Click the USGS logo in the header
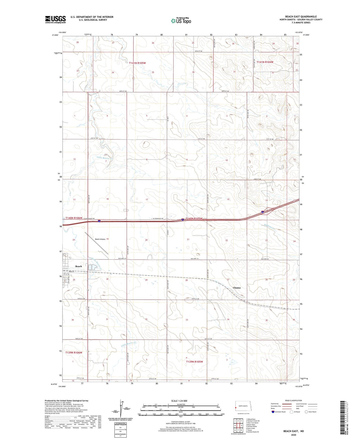(55, 19)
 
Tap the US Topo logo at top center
(181, 21)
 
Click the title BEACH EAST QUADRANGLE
(301, 16)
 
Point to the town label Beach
(79, 266)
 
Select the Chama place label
(237, 288)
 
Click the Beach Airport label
(100, 239)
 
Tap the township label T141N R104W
(265, 62)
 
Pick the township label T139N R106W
(74, 353)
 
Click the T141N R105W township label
(137, 63)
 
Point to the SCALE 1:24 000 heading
(179, 401)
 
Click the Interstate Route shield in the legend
(273, 412)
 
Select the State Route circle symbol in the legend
(306, 412)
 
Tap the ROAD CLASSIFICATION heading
(293, 400)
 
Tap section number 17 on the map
(147, 200)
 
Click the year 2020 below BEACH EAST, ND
(293, 435)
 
